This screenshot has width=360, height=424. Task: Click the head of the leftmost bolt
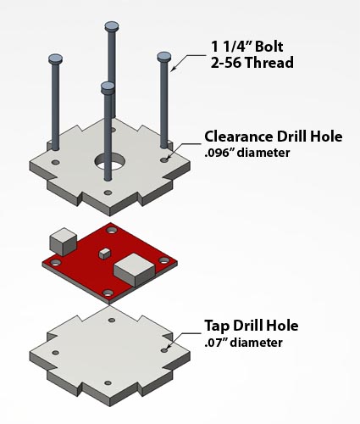[x=55, y=59]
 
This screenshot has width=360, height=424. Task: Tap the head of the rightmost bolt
[x=164, y=57]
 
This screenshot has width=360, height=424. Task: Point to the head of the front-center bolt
[x=108, y=86]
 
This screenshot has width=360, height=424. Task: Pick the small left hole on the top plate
[x=55, y=162]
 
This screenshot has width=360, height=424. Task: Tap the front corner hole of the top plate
[x=107, y=192]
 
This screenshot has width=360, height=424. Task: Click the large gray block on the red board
[x=134, y=271]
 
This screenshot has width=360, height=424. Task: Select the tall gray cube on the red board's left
[x=64, y=241]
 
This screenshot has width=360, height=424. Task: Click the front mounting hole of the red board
[x=108, y=293]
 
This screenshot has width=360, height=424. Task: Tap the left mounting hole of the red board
[x=56, y=264]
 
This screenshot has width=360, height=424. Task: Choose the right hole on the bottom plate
[x=164, y=349]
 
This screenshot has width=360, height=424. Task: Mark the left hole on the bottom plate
[x=55, y=352]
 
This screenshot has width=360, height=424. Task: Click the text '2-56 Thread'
[x=252, y=63]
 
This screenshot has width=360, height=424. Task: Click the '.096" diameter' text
[x=247, y=153]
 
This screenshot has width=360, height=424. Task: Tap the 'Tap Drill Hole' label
[x=251, y=326]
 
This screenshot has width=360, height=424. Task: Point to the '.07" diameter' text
[x=243, y=343]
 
